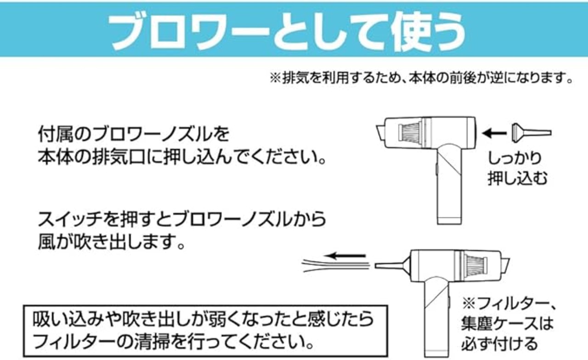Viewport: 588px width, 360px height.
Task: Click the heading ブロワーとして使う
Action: pos(288,31)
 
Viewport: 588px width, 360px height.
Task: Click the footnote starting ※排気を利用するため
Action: pos(421,78)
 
